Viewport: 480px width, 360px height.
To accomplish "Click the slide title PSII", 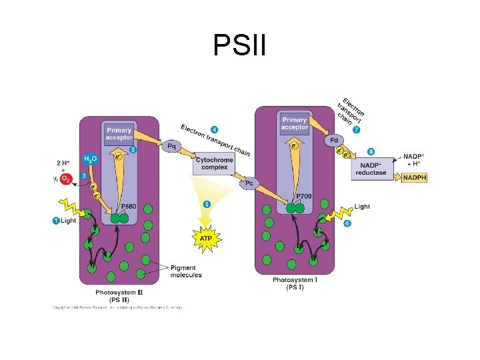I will point(240,45).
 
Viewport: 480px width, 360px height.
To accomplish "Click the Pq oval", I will point(172,145).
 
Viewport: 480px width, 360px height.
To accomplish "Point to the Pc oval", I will point(249,183).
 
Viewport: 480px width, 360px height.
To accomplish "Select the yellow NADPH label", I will point(413,177).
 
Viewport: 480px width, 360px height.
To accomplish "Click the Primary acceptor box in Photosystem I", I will point(295,123).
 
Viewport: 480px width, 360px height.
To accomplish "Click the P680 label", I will point(128,207).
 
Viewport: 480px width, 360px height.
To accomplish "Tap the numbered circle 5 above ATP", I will point(207,204).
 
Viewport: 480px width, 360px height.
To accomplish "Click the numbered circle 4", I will point(214,129).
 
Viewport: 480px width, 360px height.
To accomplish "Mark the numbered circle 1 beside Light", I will point(56,221).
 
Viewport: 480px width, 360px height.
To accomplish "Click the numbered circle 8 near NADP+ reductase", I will point(371,152).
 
